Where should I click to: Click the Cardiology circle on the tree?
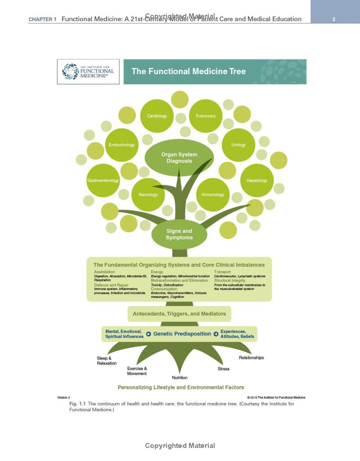point(157,116)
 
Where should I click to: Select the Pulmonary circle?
point(206,116)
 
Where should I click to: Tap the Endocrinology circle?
point(121,145)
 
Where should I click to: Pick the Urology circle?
point(238,145)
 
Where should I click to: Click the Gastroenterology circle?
point(103,181)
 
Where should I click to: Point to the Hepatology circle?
point(257,181)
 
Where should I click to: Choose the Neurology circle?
point(148,194)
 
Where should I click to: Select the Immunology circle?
point(213,194)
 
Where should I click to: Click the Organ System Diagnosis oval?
point(179,158)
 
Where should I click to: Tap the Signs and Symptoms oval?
point(179,235)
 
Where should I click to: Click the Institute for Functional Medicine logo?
point(88,71)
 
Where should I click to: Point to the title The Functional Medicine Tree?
point(189,71)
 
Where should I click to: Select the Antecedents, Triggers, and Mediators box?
point(179,314)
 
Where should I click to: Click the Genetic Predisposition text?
point(182,334)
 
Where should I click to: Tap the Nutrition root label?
point(180,378)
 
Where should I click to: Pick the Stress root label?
point(224,369)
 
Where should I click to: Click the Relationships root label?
point(251,358)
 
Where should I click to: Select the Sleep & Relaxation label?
point(107,361)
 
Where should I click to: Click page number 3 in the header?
point(333,19)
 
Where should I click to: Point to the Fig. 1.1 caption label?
point(77,404)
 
